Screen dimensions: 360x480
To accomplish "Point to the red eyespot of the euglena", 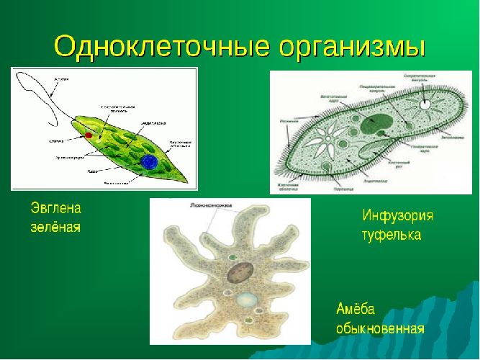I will click(x=89, y=135).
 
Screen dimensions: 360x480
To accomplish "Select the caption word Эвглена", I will click(x=56, y=209).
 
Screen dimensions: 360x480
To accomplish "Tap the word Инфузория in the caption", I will click(x=397, y=216).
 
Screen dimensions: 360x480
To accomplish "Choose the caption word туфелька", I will click(x=391, y=235).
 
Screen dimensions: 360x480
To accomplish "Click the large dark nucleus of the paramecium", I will click(x=379, y=122).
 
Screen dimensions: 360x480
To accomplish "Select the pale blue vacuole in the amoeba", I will click(x=248, y=301).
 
